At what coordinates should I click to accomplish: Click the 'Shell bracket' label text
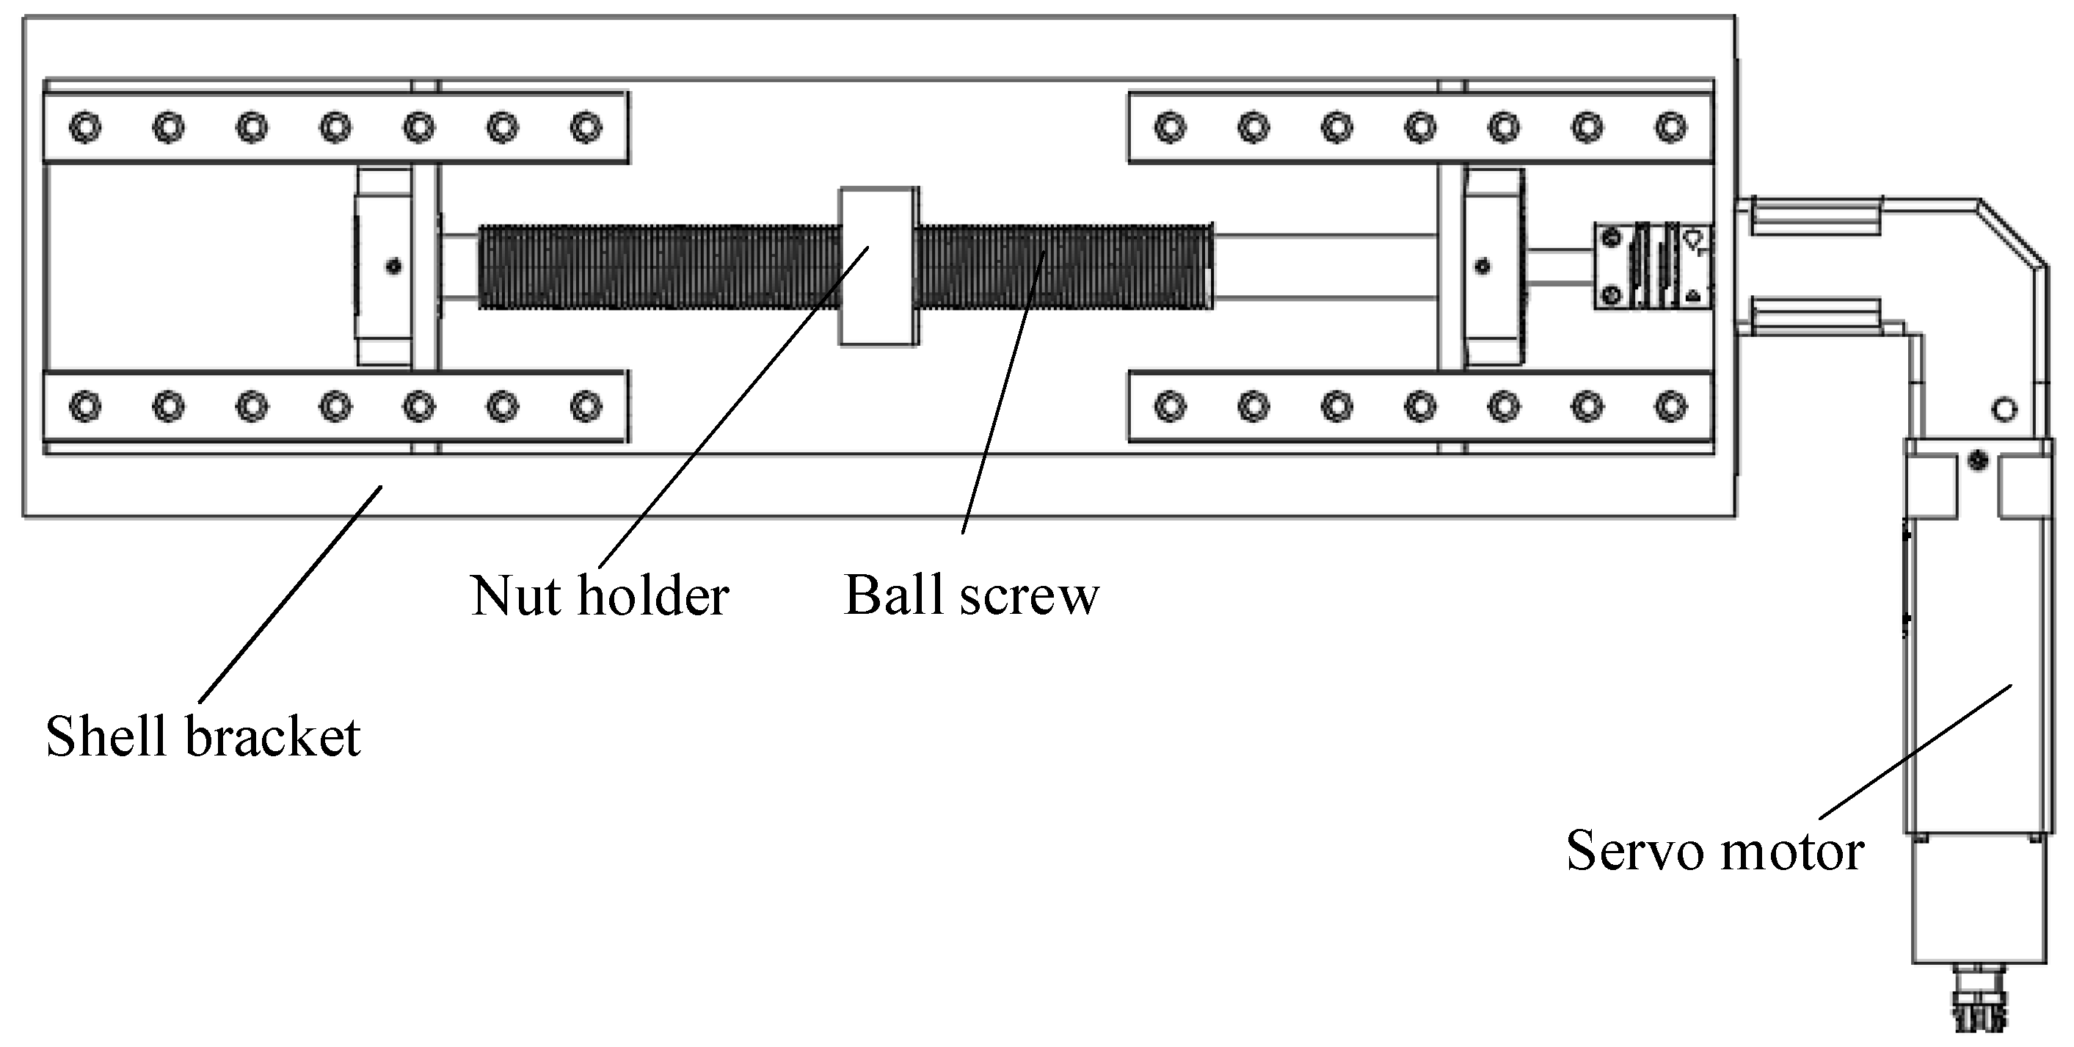click(203, 736)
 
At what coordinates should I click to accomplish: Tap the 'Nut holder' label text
click(600, 596)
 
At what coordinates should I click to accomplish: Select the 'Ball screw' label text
click(971, 596)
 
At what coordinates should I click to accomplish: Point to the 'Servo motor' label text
click(1714, 850)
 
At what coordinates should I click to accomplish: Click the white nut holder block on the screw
click(878, 267)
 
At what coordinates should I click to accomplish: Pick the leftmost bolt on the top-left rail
click(85, 127)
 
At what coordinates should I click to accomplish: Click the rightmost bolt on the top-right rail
click(1670, 127)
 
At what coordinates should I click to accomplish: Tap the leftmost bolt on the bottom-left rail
click(85, 406)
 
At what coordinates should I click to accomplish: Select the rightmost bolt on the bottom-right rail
click(1670, 406)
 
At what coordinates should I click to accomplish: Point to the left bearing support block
click(385, 267)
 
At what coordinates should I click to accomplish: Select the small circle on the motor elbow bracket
click(2004, 410)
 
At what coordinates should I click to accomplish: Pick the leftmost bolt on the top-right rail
click(1170, 127)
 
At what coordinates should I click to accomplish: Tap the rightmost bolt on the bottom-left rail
click(586, 406)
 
